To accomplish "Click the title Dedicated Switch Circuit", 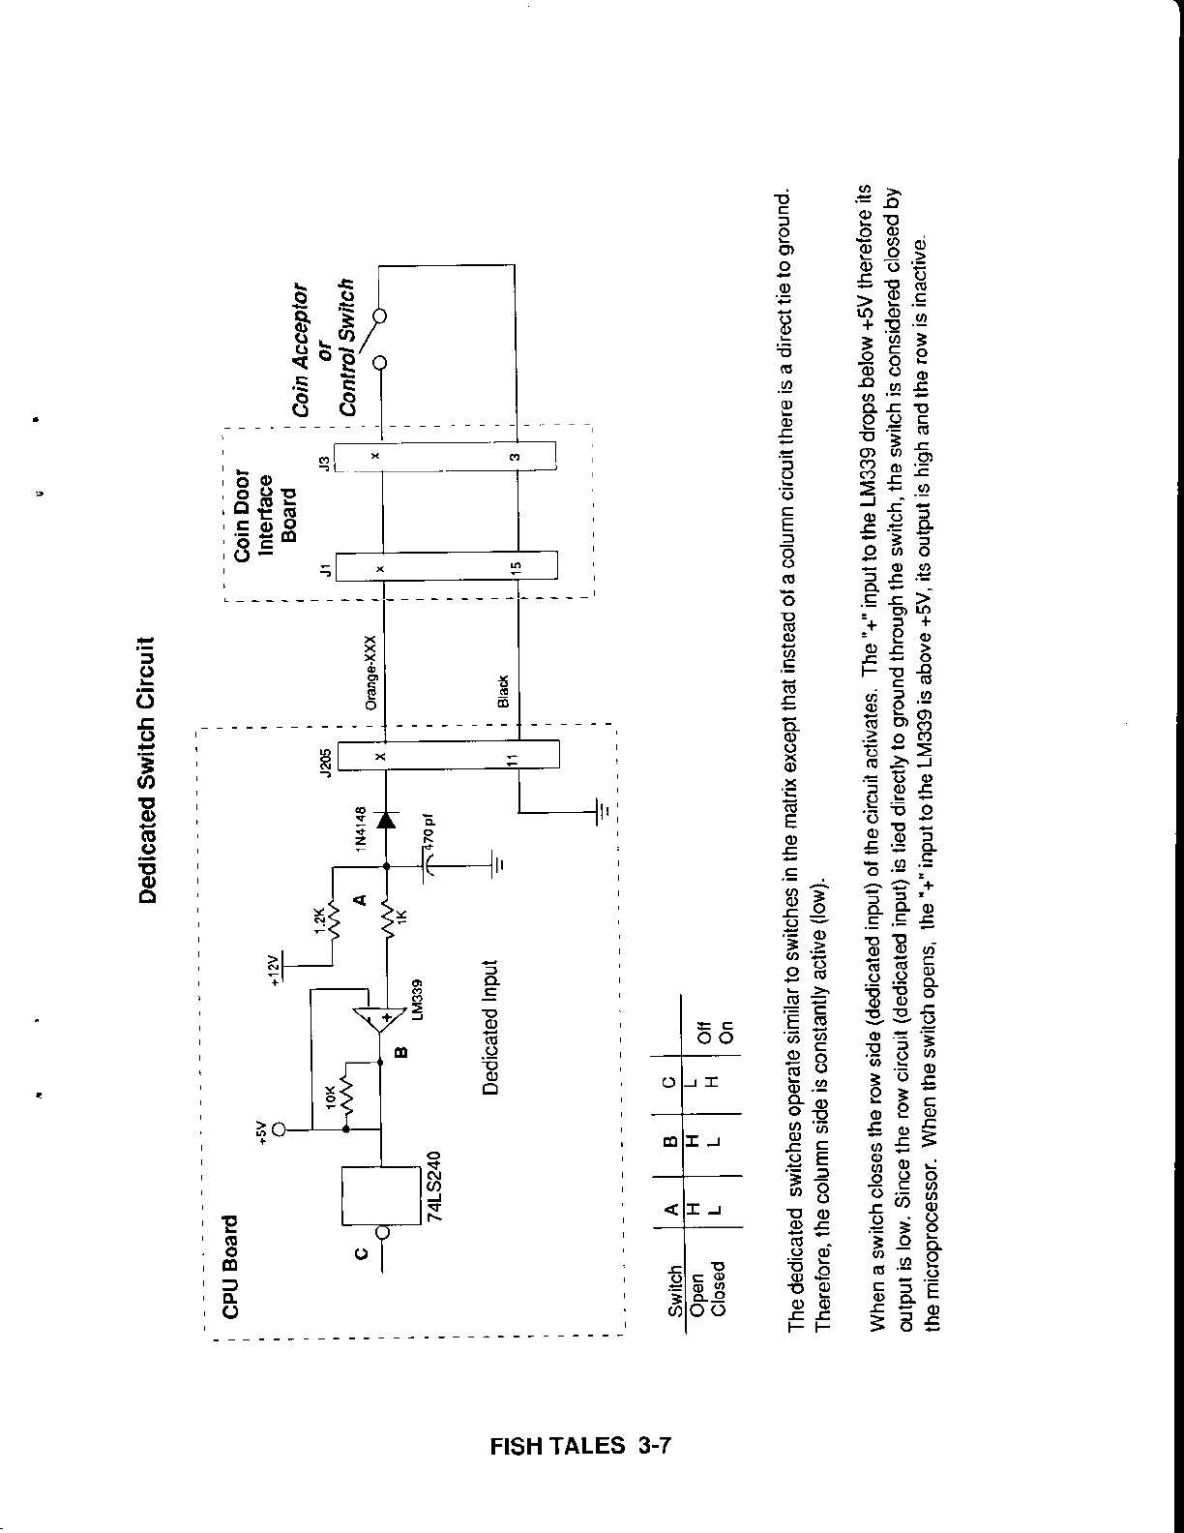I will click(x=148, y=769).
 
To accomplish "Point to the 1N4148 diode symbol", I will click(x=386, y=821).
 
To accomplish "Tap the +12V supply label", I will click(x=274, y=968).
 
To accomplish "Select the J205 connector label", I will click(x=328, y=761).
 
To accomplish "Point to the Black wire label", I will click(x=503, y=692).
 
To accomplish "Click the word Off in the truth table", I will click(x=705, y=1033).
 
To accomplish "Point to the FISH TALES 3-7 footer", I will click(x=580, y=1446).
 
